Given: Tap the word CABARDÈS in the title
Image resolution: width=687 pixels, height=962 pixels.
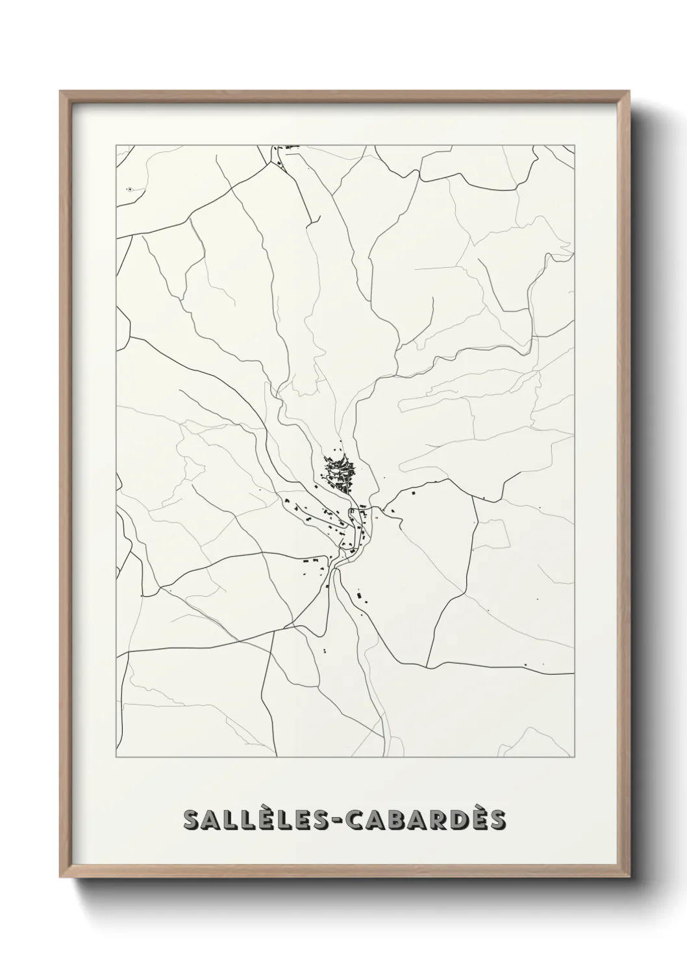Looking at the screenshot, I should coord(427,820).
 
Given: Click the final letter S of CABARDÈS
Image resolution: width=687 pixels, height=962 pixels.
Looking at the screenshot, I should coord(497,820).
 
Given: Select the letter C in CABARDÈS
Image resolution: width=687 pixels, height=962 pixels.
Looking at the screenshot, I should coord(356,820).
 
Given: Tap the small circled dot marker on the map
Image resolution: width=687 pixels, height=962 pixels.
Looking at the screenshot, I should coord(131,189).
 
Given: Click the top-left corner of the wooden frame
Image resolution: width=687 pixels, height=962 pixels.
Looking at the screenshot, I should coord(60,92).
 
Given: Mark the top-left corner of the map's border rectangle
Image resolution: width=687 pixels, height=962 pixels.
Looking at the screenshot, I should coord(116,145).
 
